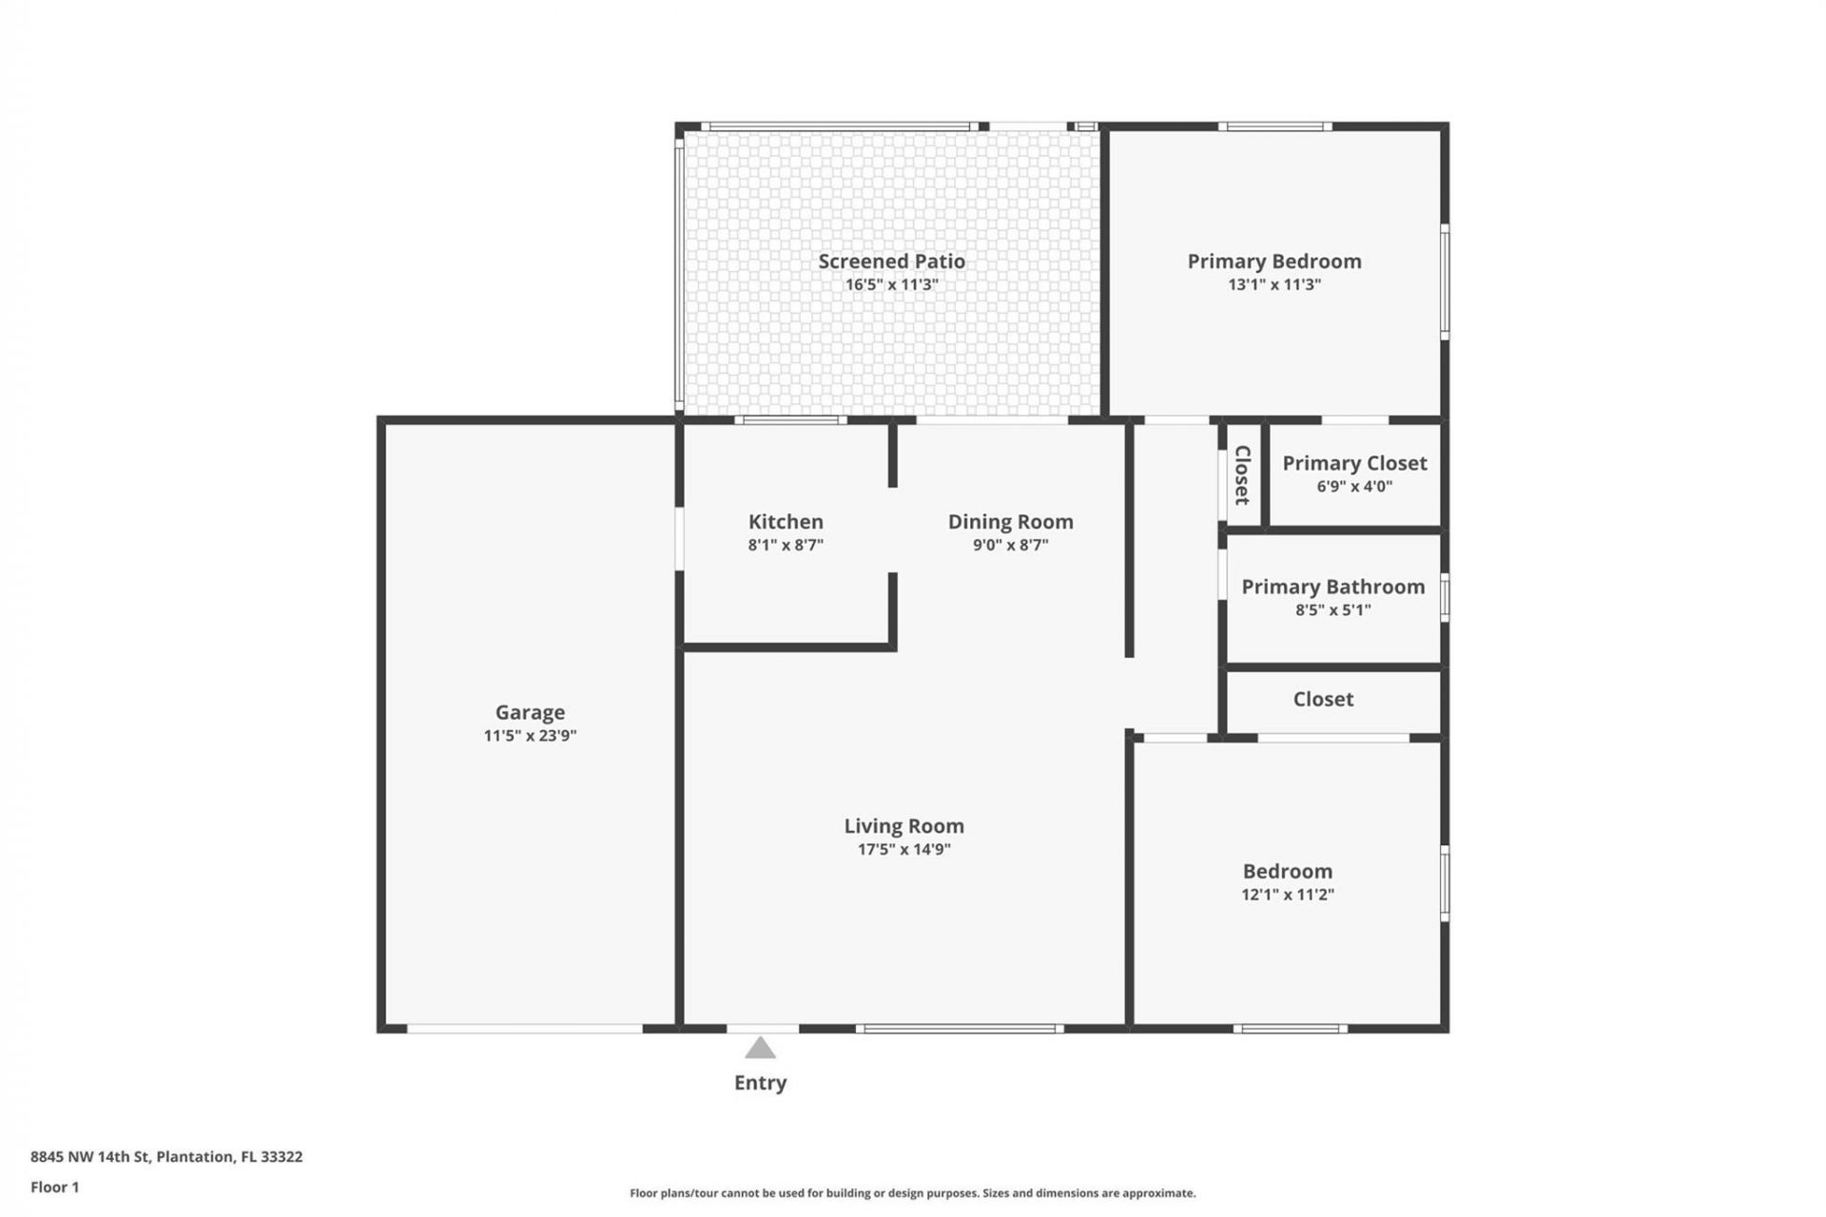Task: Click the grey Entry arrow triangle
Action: [760, 1049]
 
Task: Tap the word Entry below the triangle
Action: [760, 1082]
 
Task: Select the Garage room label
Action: [530, 712]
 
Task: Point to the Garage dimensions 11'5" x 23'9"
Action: [530, 736]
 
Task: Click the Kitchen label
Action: [786, 521]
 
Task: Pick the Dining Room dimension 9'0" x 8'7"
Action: [1010, 545]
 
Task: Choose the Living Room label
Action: [903, 825]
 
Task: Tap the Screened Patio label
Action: [891, 261]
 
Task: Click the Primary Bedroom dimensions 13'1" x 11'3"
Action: [1274, 284]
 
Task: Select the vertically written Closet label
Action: [1242, 474]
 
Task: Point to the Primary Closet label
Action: [1354, 463]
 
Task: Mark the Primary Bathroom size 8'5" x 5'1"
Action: [1332, 610]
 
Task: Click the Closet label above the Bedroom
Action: [1323, 699]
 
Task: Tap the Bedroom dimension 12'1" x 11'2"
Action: [1288, 895]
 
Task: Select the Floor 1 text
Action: [54, 1187]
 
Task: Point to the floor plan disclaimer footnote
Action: [912, 1193]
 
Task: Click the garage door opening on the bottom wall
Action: [525, 1029]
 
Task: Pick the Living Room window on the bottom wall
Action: [959, 1029]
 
